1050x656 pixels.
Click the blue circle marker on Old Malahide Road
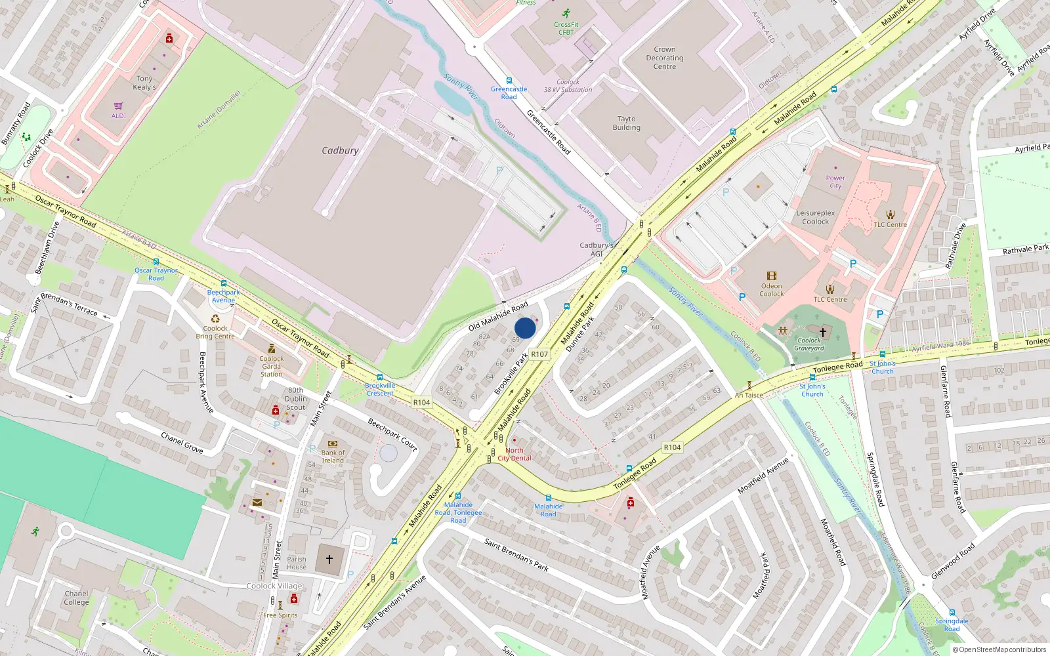tap(525, 328)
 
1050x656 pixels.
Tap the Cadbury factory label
tap(340, 150)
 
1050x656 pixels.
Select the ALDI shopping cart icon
tap(119, 106)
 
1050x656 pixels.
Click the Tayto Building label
tap(626, 123)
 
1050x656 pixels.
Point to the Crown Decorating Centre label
tap(664, 58)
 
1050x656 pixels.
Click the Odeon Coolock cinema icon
tap(772, 276)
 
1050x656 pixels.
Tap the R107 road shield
tap(539, 354)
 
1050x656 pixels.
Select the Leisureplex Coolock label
tap(815, 217)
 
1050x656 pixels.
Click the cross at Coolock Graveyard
tap(822, 332)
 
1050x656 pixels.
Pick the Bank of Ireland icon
tap(332, 444)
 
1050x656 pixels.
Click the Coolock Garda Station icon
tap(272, 349)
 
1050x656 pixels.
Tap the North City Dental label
tap(514, 454)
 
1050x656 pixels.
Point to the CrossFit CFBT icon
tap(566, 13)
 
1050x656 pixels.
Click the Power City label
tap(835, 182)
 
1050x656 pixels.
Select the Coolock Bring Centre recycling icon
tap(215, 319)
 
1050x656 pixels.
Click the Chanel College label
tap(76, 598)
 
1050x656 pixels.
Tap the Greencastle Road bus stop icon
tap(509, 81)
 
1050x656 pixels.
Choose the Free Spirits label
tap(280, 615)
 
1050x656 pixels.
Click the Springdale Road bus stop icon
tap(952, 613)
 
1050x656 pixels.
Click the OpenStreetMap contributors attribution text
tap(999, 649)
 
